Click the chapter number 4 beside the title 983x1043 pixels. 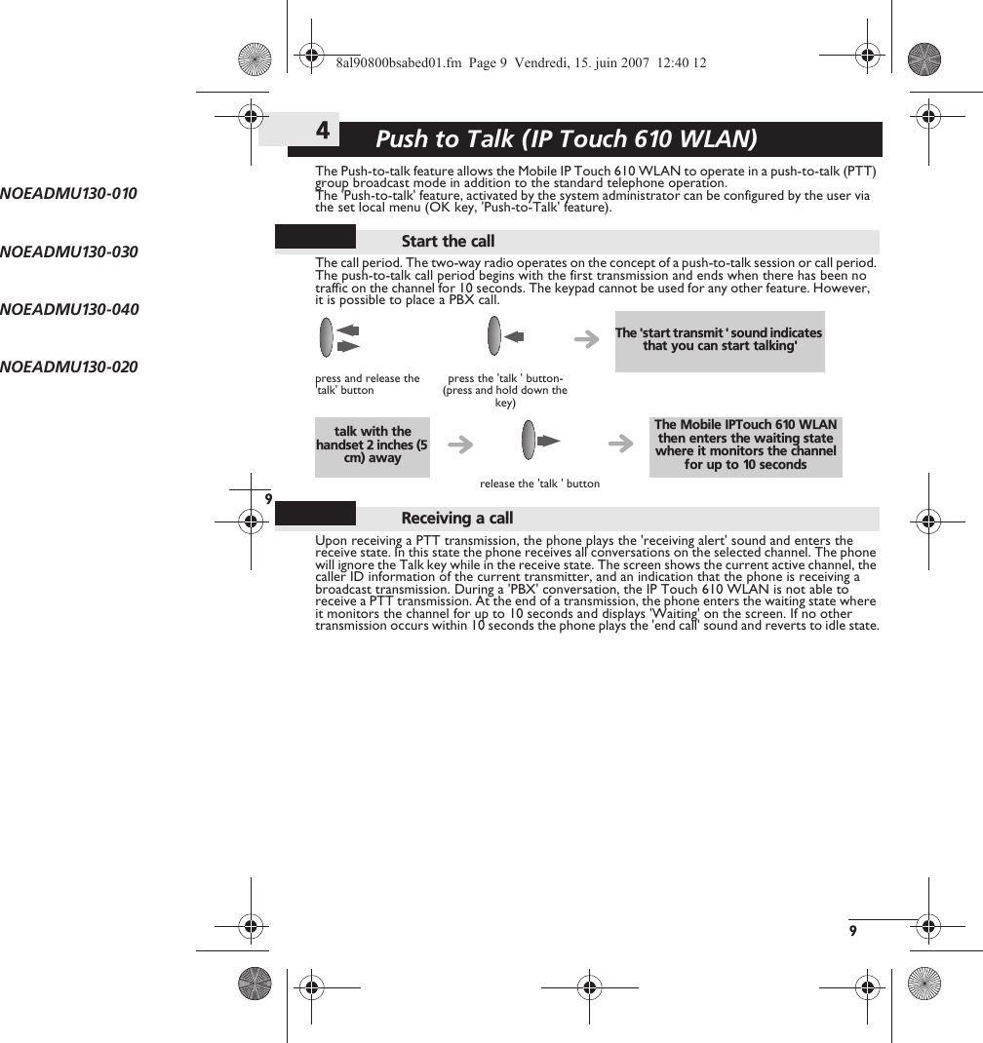(322, 130)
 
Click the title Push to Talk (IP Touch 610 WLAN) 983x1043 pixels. (566, 139)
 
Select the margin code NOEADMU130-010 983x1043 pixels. (69, 193)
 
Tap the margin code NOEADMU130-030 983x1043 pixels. (69, 251)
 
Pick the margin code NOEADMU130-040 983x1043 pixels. (69, 309)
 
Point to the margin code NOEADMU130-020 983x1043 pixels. (69, 367)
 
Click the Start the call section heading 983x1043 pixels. (448, 241)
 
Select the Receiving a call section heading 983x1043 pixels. (456, 518)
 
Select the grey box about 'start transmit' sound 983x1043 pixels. (719, 340)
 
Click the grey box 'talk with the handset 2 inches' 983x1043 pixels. (372, 445)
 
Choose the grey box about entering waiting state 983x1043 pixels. (745, 445)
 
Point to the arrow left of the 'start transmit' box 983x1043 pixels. (587, 339)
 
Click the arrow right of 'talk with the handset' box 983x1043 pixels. (460, 445)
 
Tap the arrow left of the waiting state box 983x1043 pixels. (619, 444)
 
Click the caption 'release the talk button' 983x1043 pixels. (539, 483)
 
